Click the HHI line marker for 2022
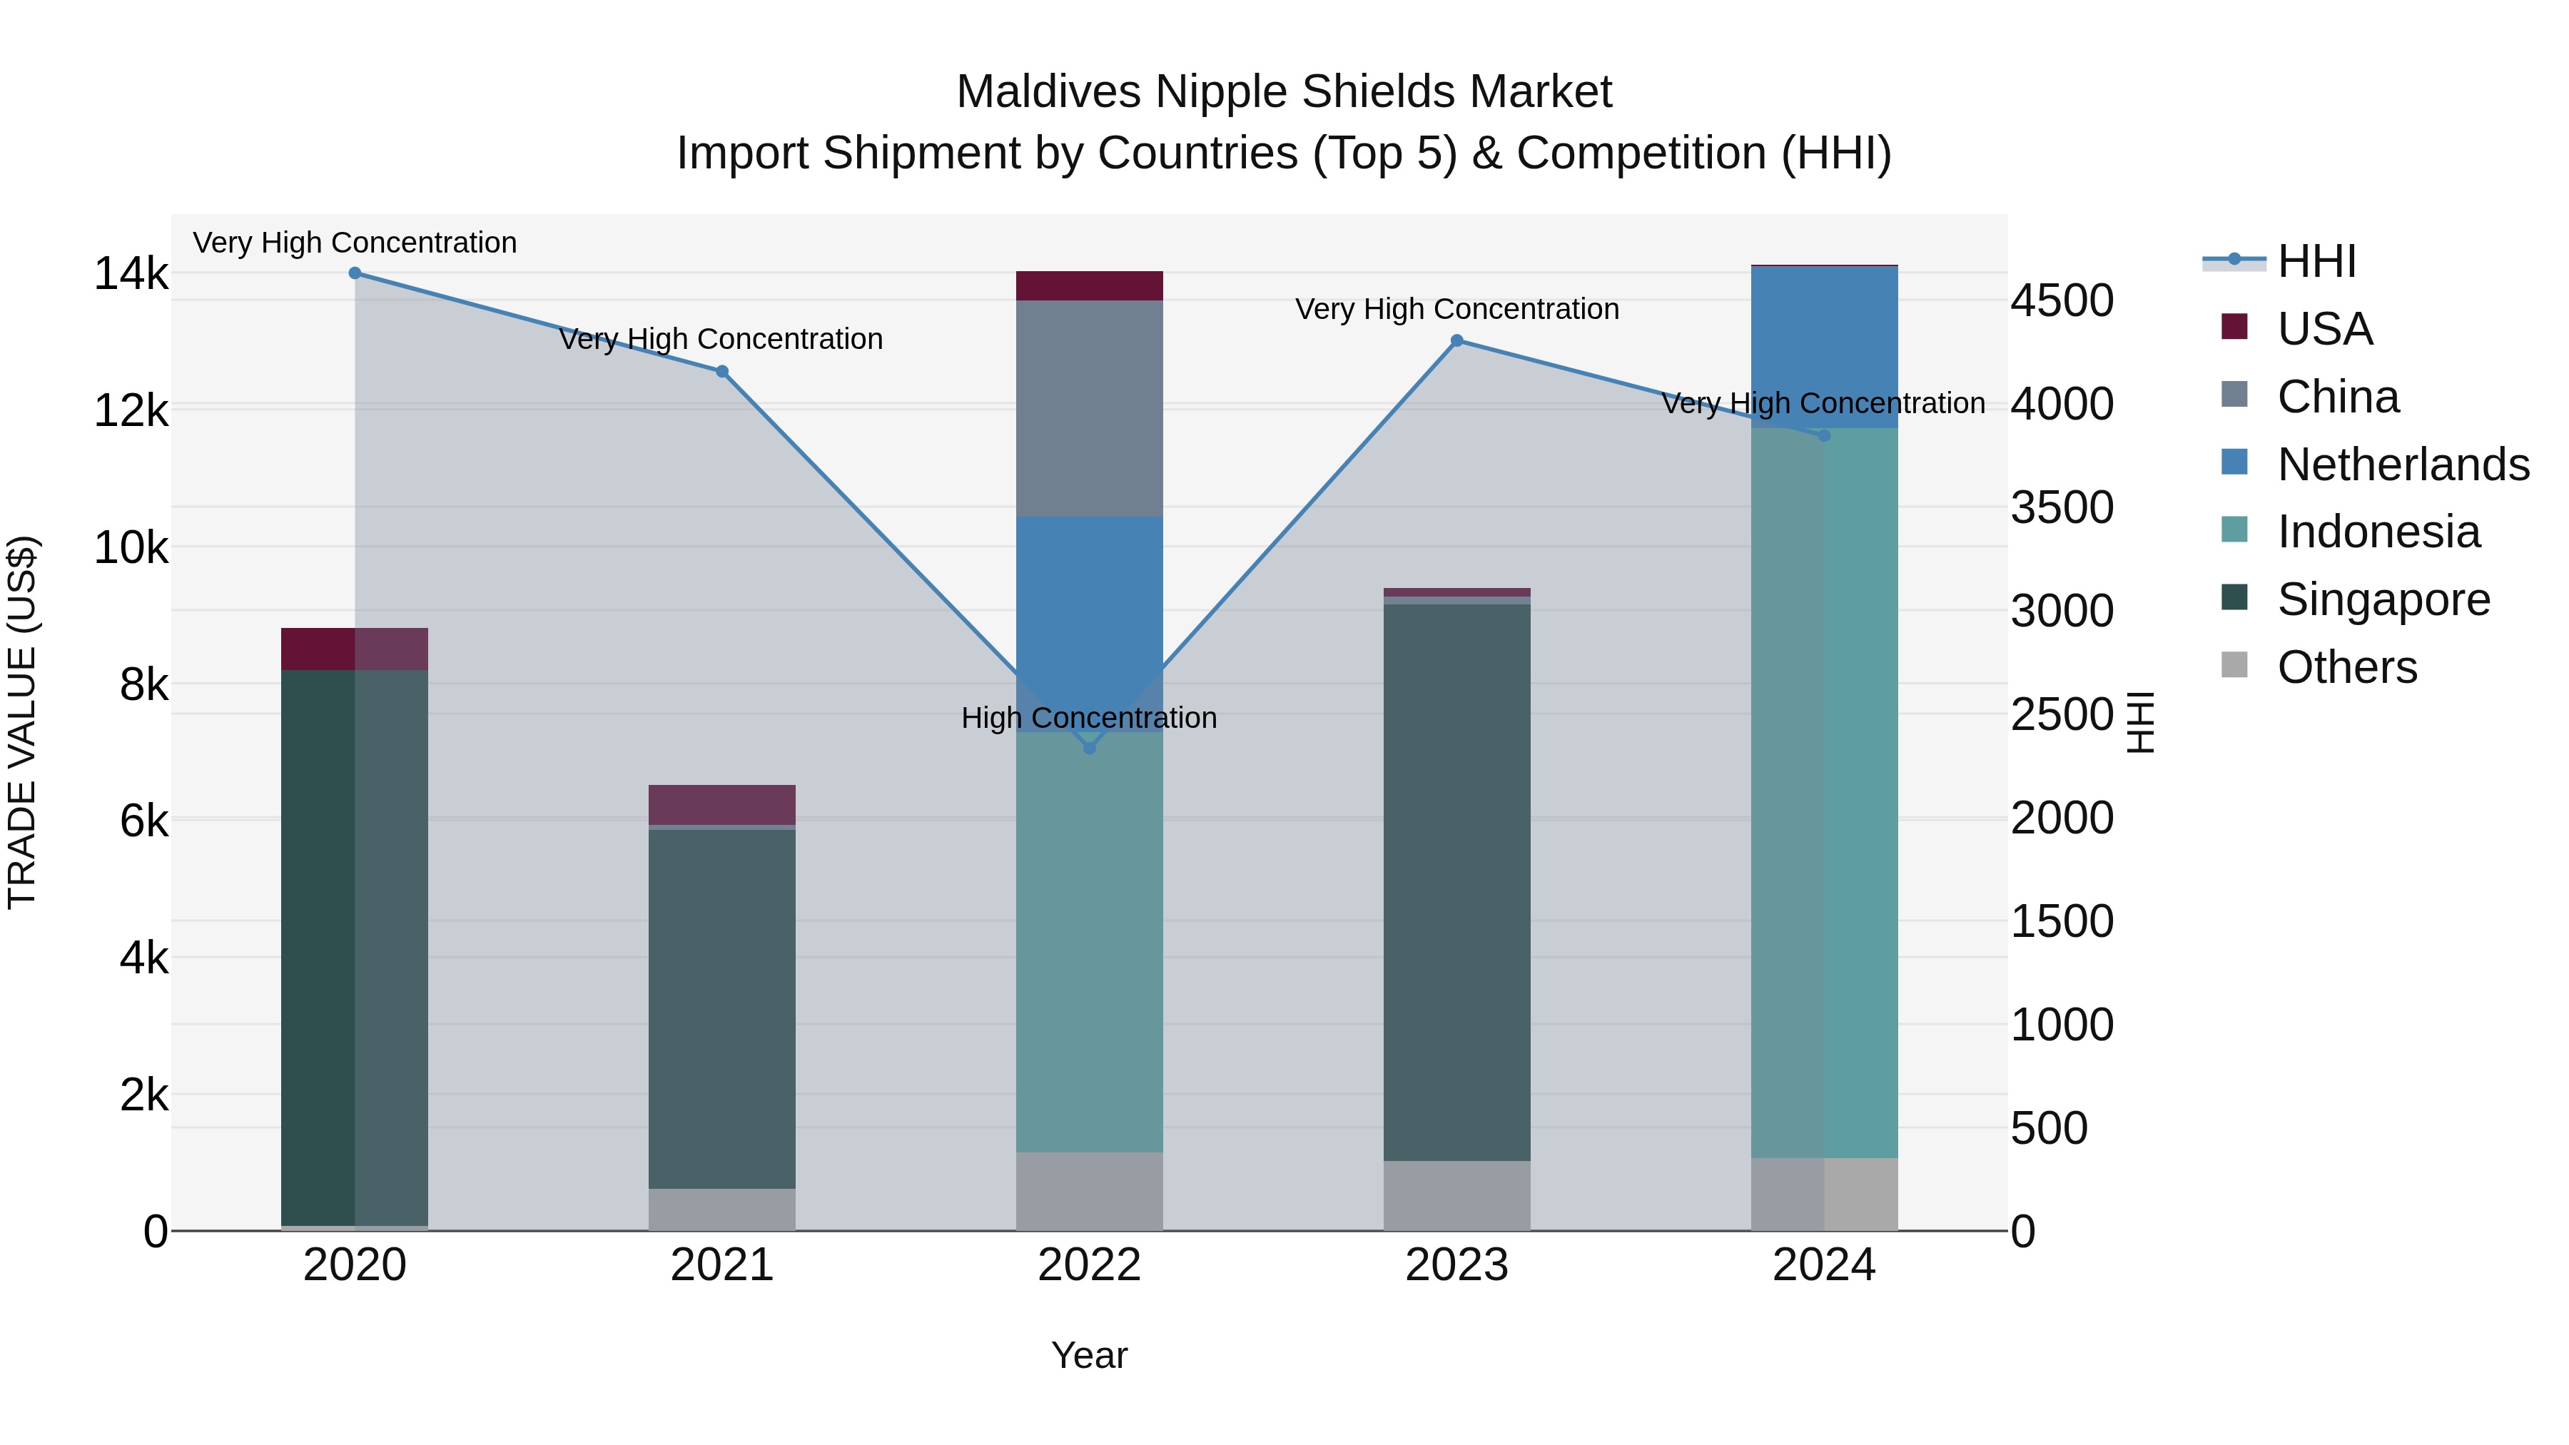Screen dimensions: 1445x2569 (x=1089, y=748)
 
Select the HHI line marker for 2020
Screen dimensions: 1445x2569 (x=355, y=273)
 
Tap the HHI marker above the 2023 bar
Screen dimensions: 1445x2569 (x=1456, y=341)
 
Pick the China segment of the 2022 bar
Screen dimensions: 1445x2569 (x=1089, y=409)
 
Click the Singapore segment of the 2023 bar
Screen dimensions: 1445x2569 (x=1456, y=883)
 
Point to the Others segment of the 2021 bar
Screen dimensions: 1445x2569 (x=722, y=1209)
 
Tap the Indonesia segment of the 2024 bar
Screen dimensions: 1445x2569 (x=1824, y=793)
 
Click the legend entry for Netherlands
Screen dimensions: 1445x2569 (x=2403, y=465)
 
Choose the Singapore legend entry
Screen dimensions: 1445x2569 (x=2383, y=599)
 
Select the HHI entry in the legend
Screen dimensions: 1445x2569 (x=2316, y=261)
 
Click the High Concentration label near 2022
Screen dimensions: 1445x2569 (x=1089, y=718)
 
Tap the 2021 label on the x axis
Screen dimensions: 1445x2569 (x=722, y=1265)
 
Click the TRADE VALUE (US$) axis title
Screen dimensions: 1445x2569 (x=22, y=722)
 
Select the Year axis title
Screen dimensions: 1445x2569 (x=1089, y=1355)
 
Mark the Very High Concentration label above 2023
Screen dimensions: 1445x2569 (x=1456, y=309)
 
